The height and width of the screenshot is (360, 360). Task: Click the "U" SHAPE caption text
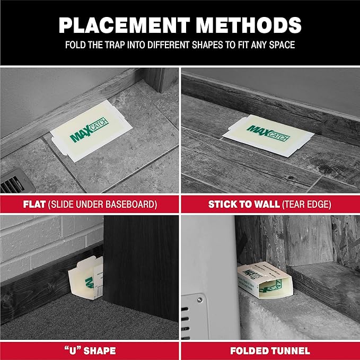90,350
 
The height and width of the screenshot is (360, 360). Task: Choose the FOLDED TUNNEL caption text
270,350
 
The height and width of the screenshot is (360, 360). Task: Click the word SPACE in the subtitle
280,45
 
